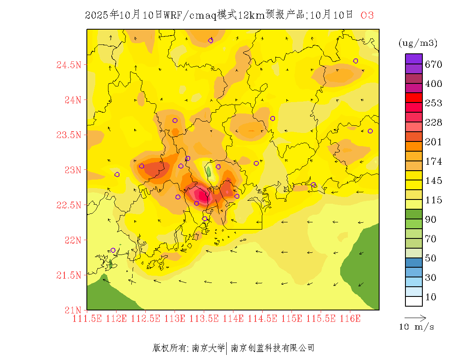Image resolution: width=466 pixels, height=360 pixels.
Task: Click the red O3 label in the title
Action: point(367,16)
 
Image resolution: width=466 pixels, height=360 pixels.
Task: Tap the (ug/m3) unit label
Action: point(418,43)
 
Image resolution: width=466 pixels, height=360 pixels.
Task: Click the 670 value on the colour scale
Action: point(434,64)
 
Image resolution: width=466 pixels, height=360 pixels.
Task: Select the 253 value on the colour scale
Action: point(434,103)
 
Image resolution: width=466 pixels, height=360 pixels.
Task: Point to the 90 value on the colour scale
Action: point(431,219)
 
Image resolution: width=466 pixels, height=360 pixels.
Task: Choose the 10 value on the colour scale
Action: point(431,297)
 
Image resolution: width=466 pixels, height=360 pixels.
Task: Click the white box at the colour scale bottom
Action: point(414,301)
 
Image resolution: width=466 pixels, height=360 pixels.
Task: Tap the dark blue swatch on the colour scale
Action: point(414,263)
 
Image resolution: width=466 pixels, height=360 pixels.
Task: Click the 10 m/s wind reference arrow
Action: point(415,318)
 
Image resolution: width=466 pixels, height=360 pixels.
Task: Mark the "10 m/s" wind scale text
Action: point(416,327)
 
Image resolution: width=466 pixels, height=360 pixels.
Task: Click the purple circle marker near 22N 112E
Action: point(113,250)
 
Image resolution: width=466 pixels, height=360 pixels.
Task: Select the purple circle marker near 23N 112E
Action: point(117,174)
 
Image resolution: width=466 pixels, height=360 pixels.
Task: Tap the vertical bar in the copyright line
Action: point(227,348)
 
